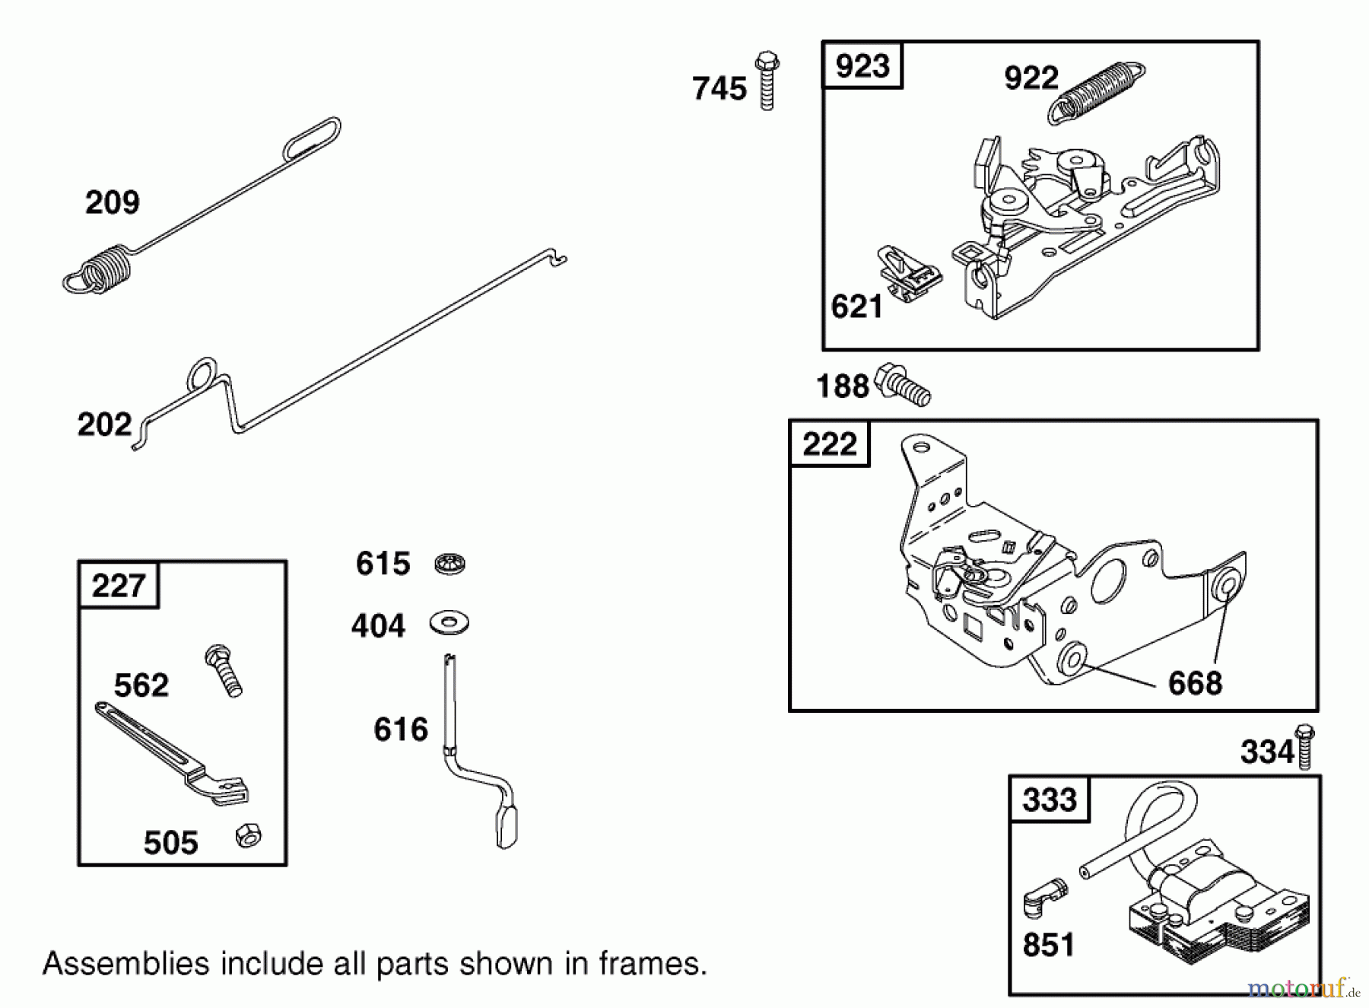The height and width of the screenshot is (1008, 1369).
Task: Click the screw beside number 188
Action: tap(903, 385)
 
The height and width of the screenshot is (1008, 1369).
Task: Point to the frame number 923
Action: tap(862, 66)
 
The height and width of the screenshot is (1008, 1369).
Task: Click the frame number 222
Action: tap(829, 444)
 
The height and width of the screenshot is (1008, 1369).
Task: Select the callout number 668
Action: tap(1195, 683)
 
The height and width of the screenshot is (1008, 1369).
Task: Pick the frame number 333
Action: tap(1049, 800)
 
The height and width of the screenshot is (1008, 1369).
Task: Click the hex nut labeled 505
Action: tap(247, 835)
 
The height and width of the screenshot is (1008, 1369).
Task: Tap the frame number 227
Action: tap(118, 586)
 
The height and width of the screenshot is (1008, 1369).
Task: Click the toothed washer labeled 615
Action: tap(449, 564)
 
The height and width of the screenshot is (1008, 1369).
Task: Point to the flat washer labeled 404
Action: tap(449, 623)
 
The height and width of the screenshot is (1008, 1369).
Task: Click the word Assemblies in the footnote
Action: tap(125, 964)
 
